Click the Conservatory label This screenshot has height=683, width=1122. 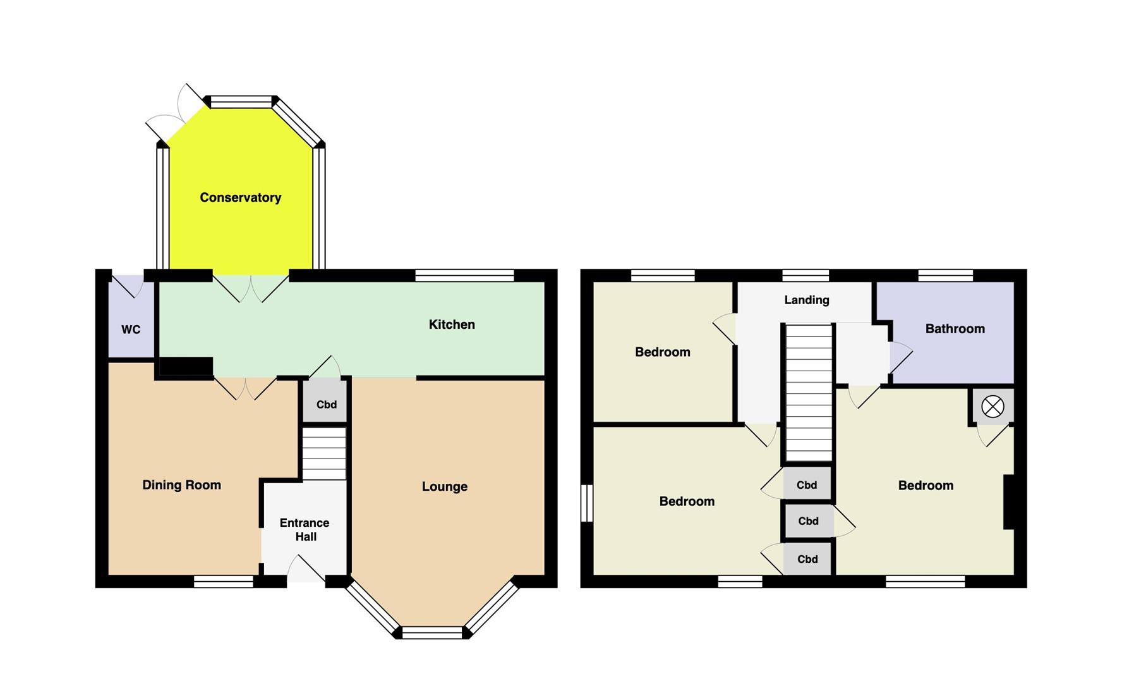click(x=240, y=197)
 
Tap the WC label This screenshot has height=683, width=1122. click(x=131, y=329)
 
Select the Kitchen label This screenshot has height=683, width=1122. click(x=452, y=324)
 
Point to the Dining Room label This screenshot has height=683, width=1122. click(x=181, y=485)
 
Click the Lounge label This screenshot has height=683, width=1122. click(x=445, y=486)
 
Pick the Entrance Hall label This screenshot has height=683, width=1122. click(x=305, y=529)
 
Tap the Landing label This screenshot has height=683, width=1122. click(x=807, y=300)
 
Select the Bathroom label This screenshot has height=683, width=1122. click(x=955, y=328)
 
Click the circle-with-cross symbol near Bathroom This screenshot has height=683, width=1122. click(x=992, y=406)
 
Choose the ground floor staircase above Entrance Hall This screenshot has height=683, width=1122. click(x=324, y=453)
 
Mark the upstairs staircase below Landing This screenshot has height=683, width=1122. click(x=809, y=393)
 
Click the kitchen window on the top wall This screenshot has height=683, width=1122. click(x=465, y=275)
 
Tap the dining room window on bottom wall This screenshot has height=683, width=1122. click(x=224, y=581)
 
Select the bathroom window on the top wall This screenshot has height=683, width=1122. click(x=945, y=275)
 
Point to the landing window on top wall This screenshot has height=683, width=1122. click(x=805, y=275)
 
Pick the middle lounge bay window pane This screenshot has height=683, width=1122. click(x=433, y=632)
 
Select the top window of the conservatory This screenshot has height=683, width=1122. click(x=241, y=101)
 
